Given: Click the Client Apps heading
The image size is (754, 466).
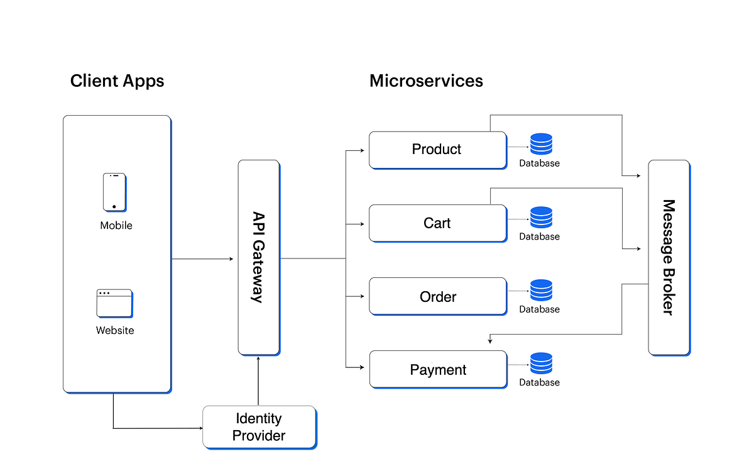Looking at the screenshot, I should tap(117, 81).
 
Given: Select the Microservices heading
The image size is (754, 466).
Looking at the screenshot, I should tap(426, 81).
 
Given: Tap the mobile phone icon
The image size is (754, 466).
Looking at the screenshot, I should tap(114, 192).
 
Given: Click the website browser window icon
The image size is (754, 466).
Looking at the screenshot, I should tap(114, 303).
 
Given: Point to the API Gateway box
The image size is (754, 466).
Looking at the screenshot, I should tap(258, 257).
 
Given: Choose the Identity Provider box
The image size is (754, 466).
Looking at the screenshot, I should tap(259, 426).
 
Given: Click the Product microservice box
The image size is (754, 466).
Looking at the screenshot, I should tap(437, 150).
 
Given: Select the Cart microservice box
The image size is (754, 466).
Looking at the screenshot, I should tap(437, 223).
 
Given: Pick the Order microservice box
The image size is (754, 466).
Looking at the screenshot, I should tap(437, 296).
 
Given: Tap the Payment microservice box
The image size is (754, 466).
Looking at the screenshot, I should tap(437, 369).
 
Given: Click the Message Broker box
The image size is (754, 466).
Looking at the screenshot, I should tap(669, 257).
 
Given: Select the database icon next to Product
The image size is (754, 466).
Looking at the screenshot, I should tap(541, 145).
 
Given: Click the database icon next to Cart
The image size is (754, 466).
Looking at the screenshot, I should tap(541, 218).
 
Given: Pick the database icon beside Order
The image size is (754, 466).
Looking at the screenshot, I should tap(541, 291).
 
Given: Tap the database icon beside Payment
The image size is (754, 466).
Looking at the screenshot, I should tap(541, 363).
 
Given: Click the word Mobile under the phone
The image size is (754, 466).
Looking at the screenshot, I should tap(116, 225).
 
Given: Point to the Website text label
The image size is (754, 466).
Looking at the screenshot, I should tap(115, 330).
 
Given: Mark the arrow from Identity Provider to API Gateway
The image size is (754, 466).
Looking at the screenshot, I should tap(258, 380).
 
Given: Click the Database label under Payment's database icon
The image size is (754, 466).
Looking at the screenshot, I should tap(539, 382).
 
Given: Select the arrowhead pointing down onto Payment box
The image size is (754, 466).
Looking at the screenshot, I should tap(489, 341).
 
